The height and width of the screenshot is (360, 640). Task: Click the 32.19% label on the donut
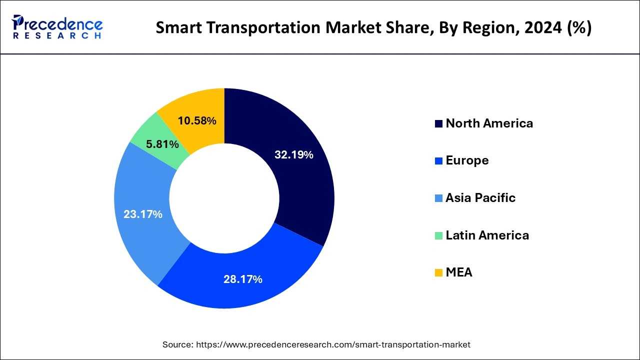(293, 155)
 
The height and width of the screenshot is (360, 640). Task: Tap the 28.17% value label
(242, 279)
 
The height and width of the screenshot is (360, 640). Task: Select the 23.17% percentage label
(143, 214)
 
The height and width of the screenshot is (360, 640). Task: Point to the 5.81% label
(162, 144)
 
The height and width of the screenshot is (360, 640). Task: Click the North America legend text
(489, 123)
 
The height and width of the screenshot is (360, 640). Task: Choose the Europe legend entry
(467, 160)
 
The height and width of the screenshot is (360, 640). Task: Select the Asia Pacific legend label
(480, 198)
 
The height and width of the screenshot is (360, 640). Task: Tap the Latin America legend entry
(487, 235)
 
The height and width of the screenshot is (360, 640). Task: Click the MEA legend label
(458, 272)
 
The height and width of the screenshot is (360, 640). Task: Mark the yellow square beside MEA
(438, 273)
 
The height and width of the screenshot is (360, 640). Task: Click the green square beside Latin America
(438, 235)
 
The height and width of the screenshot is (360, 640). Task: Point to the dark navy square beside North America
(438, 124)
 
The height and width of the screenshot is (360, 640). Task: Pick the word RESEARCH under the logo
(57, 36)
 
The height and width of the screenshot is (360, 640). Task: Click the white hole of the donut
(224, 198)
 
